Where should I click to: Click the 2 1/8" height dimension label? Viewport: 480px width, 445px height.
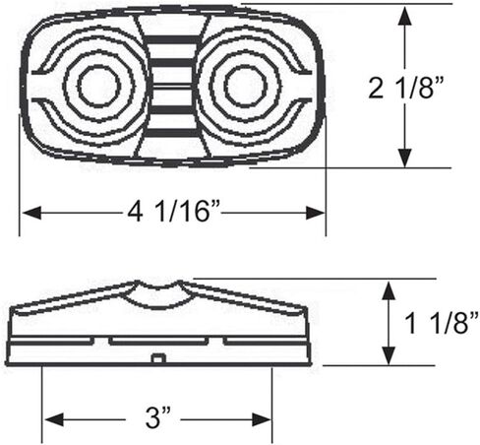coord(406,88)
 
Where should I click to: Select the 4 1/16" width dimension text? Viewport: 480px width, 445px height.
coord(173,211)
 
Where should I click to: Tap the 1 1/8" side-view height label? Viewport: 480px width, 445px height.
coord(441,323)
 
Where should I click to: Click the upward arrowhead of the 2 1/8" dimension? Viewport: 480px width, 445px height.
coord(405,16)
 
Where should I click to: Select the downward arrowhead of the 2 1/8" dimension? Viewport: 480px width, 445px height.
coord(405,158)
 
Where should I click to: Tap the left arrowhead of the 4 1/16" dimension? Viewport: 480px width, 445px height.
coord(31,213)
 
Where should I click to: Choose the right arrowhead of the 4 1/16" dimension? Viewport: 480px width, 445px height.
coord(315,213)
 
